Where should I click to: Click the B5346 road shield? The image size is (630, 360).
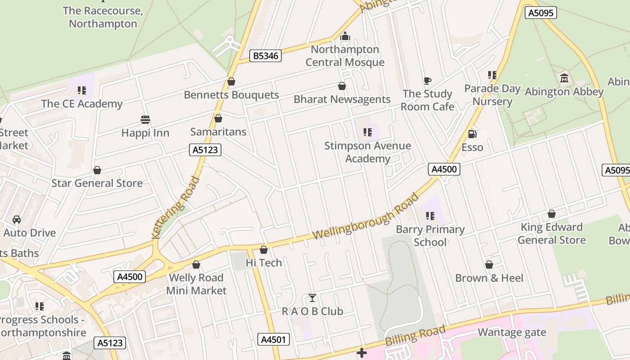pyautogui.click(x=265, y=56)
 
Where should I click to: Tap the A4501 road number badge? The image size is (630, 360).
pyautogui.click(x=274, y=339)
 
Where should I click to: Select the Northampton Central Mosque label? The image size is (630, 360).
pyautogui.click(x=345, y=56)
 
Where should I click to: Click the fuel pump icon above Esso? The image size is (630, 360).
pyautogui.click(x=472, y=134)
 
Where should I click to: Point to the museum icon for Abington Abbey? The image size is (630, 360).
pyautogui.click(x=564, y=78)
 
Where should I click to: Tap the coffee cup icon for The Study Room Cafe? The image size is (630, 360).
pyautogui.click(x=427, y=81)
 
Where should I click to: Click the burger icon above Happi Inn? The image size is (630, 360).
pyautogui.click(x=145, y=119)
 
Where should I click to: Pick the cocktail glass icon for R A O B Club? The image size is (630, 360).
pyautogui.click(x=312, y=297)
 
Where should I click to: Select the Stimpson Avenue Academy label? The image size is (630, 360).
pyautogui.click(x=368, y=152)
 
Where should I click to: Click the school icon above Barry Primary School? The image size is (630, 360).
pyautogui.click(x=430, y=216)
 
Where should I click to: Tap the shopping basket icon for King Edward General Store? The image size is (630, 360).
pyautogui.click(x=552, y=214)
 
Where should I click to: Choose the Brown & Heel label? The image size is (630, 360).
pyautogui.click(x=489, y=278)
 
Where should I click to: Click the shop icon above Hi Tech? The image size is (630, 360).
pyautogui.click(x=264, y=249)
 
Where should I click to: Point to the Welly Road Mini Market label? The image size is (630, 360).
pyautogui.click(x=196, y=284)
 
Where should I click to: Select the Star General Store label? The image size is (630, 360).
pyautogui.click(x=97, y=183)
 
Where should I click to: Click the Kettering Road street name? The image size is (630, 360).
pyautogui.click(x=176, y=207)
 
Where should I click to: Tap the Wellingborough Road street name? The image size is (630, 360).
pyautogui.click(x=365, y=217)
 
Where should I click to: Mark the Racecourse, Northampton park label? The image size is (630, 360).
pyautogui.click(x=103, y=17)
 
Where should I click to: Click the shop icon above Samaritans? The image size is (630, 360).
pyautogui.click(x=218, y=118)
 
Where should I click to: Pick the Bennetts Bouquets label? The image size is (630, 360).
pyautogui.click(x=231, y=95)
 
